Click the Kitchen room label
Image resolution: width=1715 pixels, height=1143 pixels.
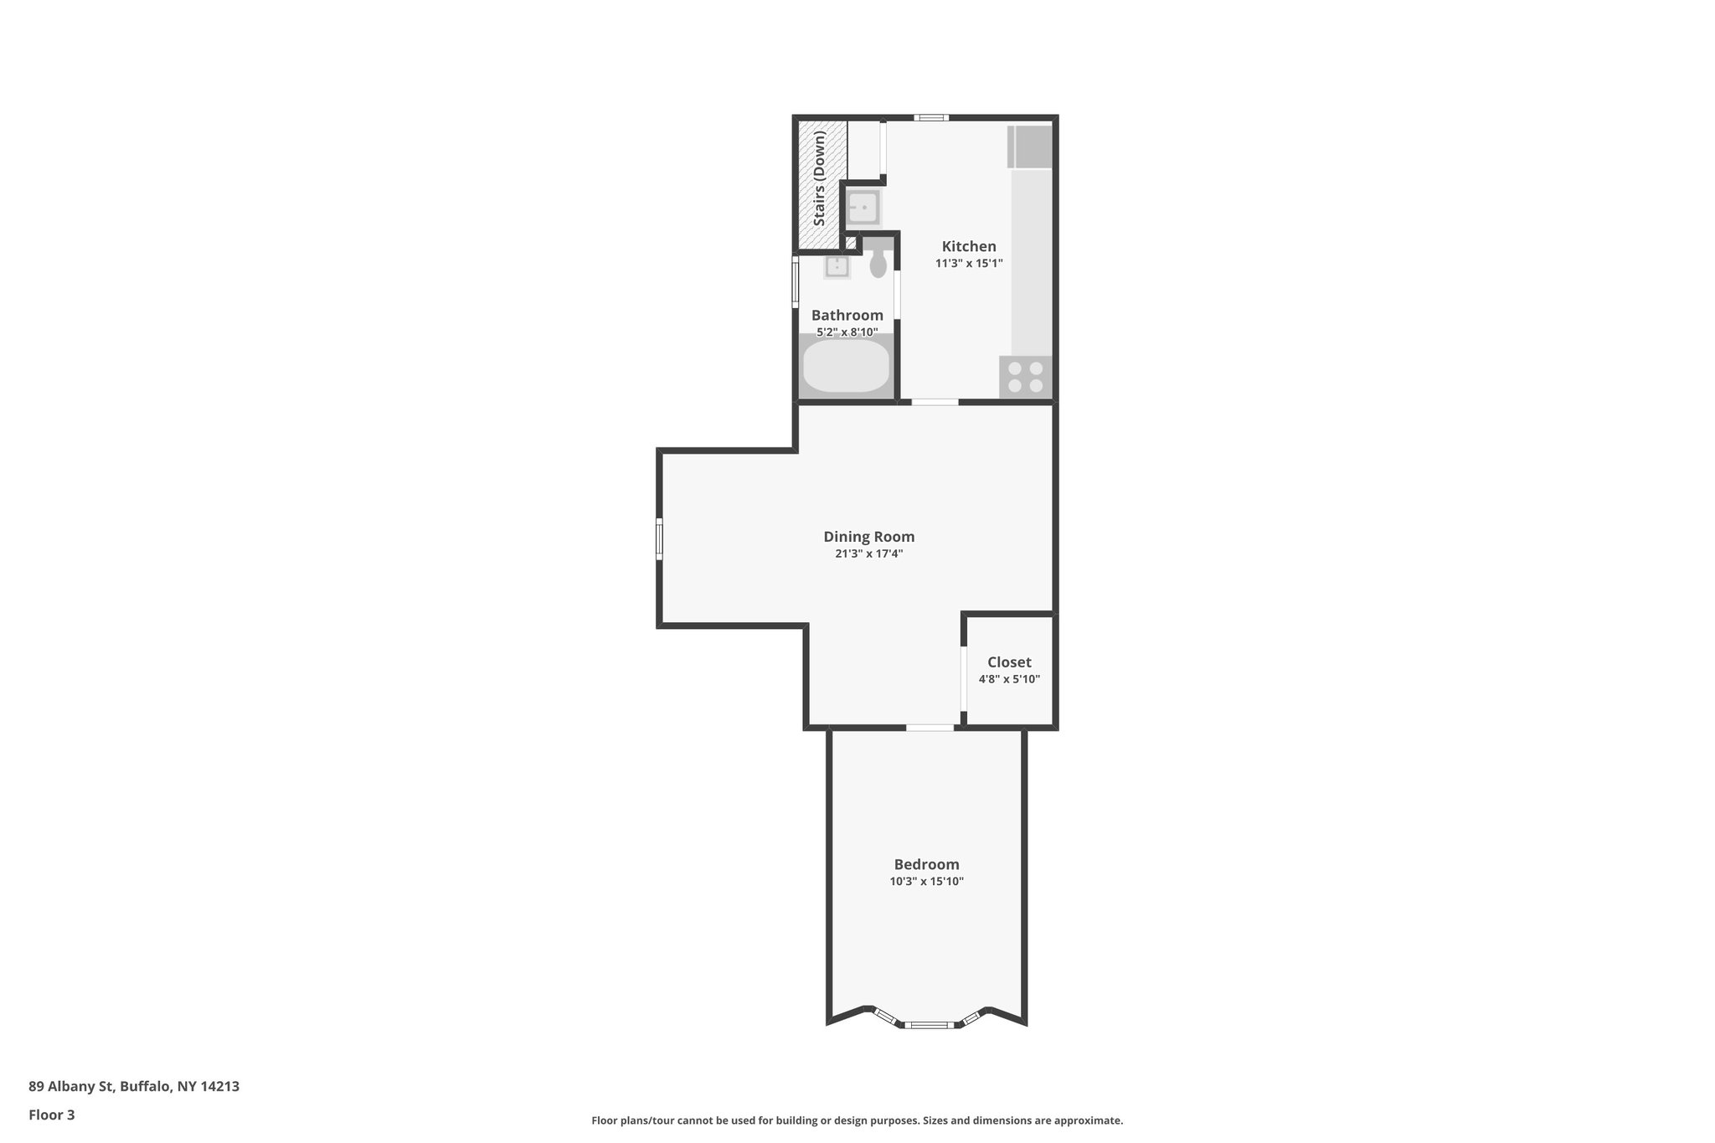[969, 246]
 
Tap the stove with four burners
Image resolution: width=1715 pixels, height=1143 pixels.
[1026, 377]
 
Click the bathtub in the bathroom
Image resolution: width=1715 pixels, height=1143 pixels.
[846, 367]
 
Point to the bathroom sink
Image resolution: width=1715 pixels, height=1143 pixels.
[837, 267]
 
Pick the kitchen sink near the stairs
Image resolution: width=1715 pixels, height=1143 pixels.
[862, 207]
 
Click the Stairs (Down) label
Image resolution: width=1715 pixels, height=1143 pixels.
[819, 178]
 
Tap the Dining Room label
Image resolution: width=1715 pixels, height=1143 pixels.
[868, 537]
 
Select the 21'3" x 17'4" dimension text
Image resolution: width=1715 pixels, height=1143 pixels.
[868, 553]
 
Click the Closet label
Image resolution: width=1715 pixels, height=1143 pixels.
[1009, 662]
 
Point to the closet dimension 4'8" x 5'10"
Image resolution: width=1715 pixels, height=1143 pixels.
[1009, 679]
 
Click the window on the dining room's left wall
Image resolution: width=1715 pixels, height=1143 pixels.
[660, 538]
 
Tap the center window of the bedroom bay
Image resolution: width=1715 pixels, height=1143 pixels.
[927, 1024]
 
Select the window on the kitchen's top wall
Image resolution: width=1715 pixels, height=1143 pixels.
[930, 118]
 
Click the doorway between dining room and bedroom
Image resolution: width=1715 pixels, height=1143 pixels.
[930, 728]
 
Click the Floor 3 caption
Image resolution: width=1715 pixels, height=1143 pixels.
[52, 1115]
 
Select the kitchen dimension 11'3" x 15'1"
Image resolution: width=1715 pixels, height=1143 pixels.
[969, 263]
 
